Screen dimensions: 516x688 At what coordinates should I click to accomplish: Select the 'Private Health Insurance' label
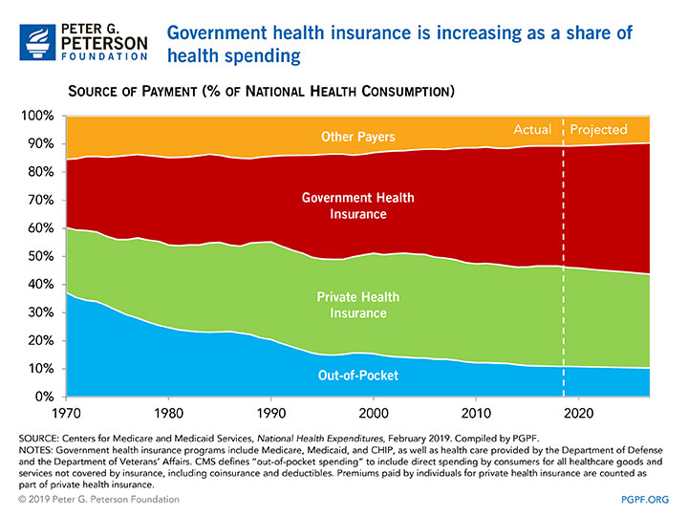(x=353, y=305)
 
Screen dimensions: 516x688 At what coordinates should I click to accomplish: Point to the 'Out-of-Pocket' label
(x=357, y=376)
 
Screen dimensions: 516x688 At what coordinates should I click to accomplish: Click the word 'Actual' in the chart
(x=533, y=129)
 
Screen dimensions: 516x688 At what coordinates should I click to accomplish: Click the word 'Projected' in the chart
(x=599, y=129)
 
